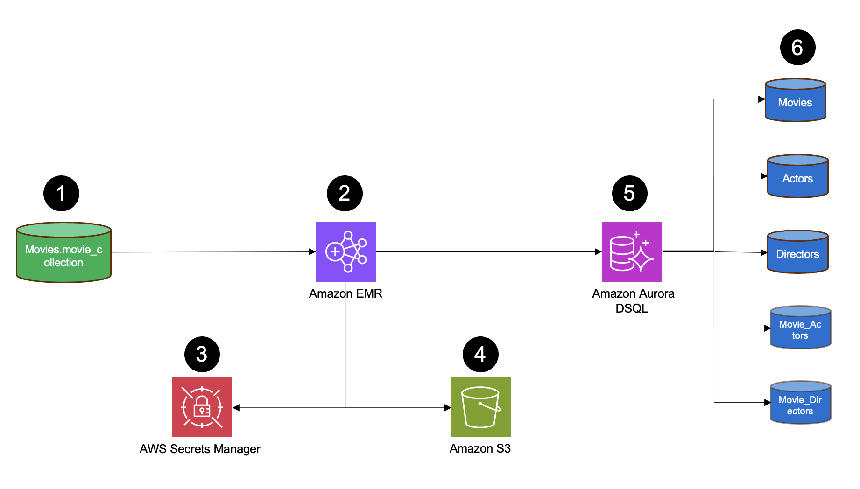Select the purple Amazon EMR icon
click(345, 251)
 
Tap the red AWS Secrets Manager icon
click(202, 407)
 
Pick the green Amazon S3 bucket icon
click(481, 407)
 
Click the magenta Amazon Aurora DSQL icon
click(631, 251)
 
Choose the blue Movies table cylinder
click(795, 100)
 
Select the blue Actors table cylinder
click(797, 176)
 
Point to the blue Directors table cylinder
click(797, 252)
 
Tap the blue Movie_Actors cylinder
click(800, 328)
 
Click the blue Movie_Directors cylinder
click(800, 403)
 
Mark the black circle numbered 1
click(61, 193)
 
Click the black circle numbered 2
click(345, 193)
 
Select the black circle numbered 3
click(202, 354)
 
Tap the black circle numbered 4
click(480, 354)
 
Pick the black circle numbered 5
click(629, 193)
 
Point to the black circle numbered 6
click(797, 48)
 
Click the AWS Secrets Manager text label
click(200, 449)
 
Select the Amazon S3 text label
click(480, 448)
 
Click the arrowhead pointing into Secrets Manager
click(236, 408)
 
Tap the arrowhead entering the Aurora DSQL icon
click(598, 252)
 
